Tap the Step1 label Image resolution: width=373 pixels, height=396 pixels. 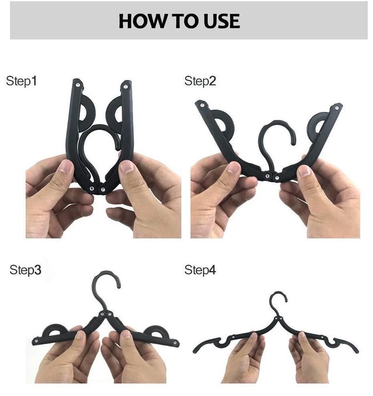(x=22, y=81)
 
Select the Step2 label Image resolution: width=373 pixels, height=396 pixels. (x=200, y=81)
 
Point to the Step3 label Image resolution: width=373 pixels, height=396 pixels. (x=25, y=270)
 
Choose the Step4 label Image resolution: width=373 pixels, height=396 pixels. (x=200, y=270)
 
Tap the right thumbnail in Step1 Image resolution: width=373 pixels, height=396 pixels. (x=126, y=167)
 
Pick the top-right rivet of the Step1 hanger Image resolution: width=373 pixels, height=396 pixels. (x=125, y=87)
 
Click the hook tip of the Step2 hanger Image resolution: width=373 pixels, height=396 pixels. (x=293, y=143)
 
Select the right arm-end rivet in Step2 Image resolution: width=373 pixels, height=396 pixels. (x=337, y=108)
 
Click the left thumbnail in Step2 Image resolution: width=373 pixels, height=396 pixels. (x=233, y=168)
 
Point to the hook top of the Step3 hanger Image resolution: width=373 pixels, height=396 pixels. (x=106, y=273)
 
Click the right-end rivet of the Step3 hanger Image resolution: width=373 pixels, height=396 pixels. (x=175, y=343)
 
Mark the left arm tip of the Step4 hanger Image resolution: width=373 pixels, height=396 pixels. (x=195, y=351)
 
